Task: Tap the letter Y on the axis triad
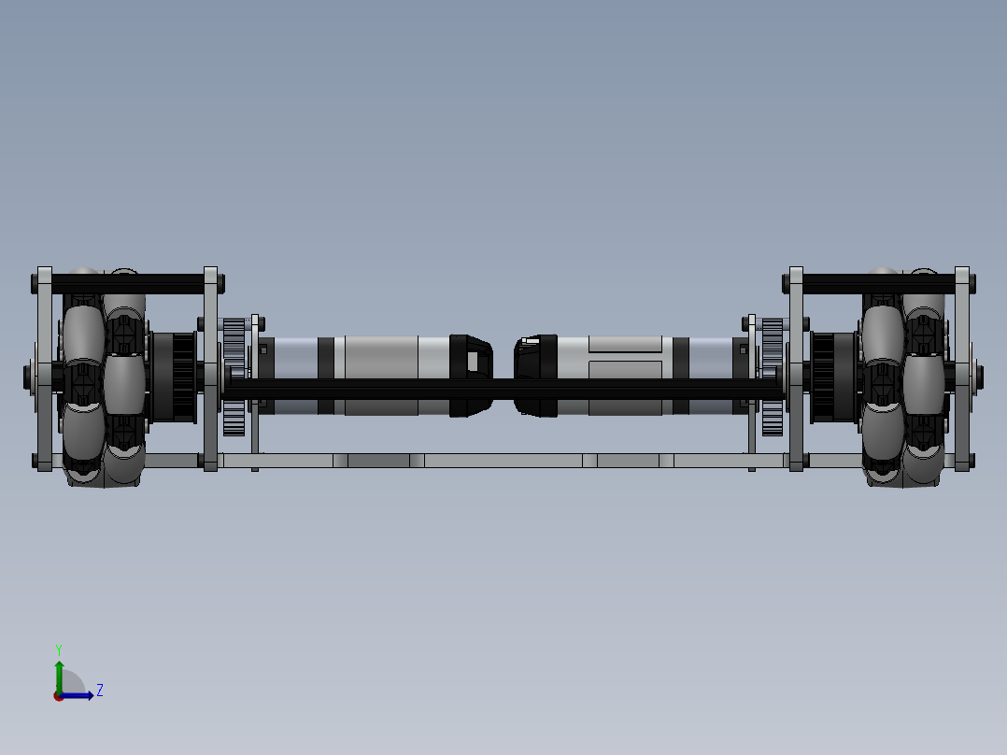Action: click(59, 649)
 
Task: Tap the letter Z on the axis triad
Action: click(99, 691)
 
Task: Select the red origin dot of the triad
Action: click(59, 696)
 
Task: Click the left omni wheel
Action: click(103, 377)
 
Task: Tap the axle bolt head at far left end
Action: click(27, 377)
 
